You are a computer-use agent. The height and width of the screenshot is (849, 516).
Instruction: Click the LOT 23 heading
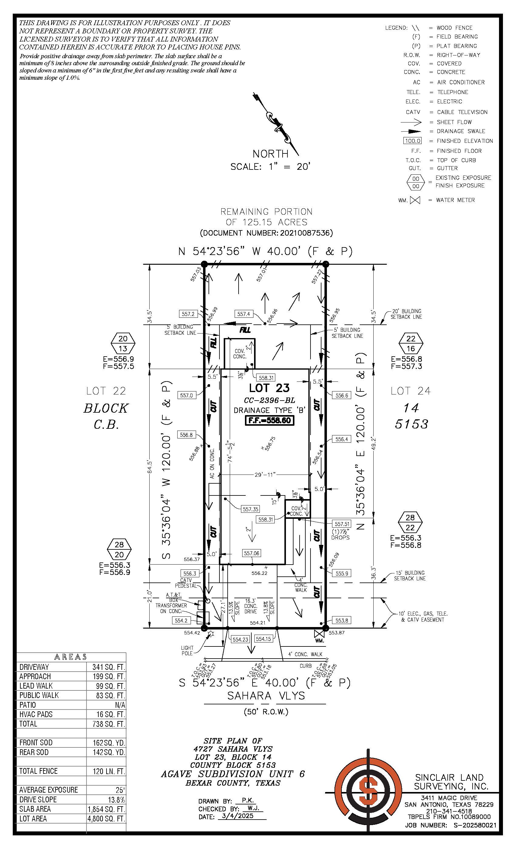[270, 388]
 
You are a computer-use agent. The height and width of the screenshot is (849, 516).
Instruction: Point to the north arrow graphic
[276, 124]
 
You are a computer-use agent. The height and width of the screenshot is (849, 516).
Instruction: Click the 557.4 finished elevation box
[243, 314]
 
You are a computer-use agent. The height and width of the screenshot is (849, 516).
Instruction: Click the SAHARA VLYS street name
[266, 696]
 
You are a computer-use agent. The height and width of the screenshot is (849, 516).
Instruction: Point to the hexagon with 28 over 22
[410, 522]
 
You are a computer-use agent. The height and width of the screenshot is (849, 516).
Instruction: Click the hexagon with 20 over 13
[123, 344]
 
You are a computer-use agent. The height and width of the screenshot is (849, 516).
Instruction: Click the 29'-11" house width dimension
[265, 475]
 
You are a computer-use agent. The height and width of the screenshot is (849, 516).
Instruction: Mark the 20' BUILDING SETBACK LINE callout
[406, 314]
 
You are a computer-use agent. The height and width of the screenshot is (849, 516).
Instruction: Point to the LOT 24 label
[410, 391]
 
